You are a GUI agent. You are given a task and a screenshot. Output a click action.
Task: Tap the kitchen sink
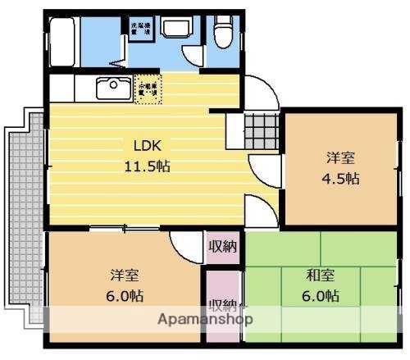(109, 85)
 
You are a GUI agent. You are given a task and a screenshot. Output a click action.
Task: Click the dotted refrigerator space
(148, 87)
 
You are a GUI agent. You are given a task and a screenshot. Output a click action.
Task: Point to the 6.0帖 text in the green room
(320, 295)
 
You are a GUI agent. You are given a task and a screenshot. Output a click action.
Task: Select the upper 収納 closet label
(222, 247)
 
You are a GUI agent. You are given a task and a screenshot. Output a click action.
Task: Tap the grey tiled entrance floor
(262, 128)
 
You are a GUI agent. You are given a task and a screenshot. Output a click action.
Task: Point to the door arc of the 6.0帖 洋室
(184, 244)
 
